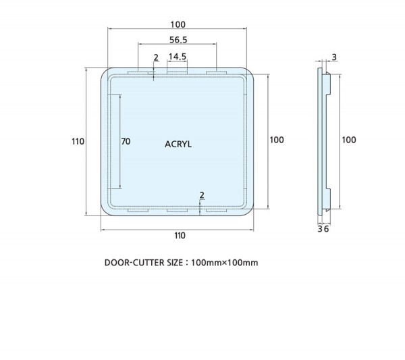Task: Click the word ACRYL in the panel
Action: tap(178, 144)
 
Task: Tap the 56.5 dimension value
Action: tap(178, 40)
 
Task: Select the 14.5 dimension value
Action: tap(177, 56)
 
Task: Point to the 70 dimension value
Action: tap(126, 141)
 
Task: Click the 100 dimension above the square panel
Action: tap(178, 24)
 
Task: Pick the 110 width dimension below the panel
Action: tap(180, 236)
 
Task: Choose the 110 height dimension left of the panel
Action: tap(78, 141)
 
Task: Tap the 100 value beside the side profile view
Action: tap(349, 140)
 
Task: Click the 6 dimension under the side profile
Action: tap(326, 229)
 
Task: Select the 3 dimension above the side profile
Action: tap(334, 57)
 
